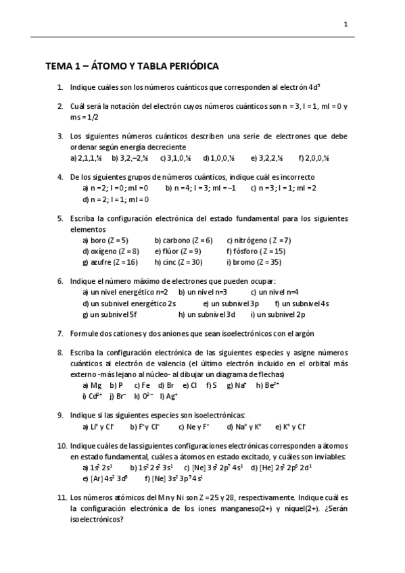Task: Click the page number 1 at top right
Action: (346, 25)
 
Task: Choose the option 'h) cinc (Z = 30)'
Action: (178, 261)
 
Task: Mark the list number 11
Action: (61, 497)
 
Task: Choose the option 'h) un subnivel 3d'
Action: (207, 314)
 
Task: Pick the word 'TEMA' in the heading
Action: (59, 66)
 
